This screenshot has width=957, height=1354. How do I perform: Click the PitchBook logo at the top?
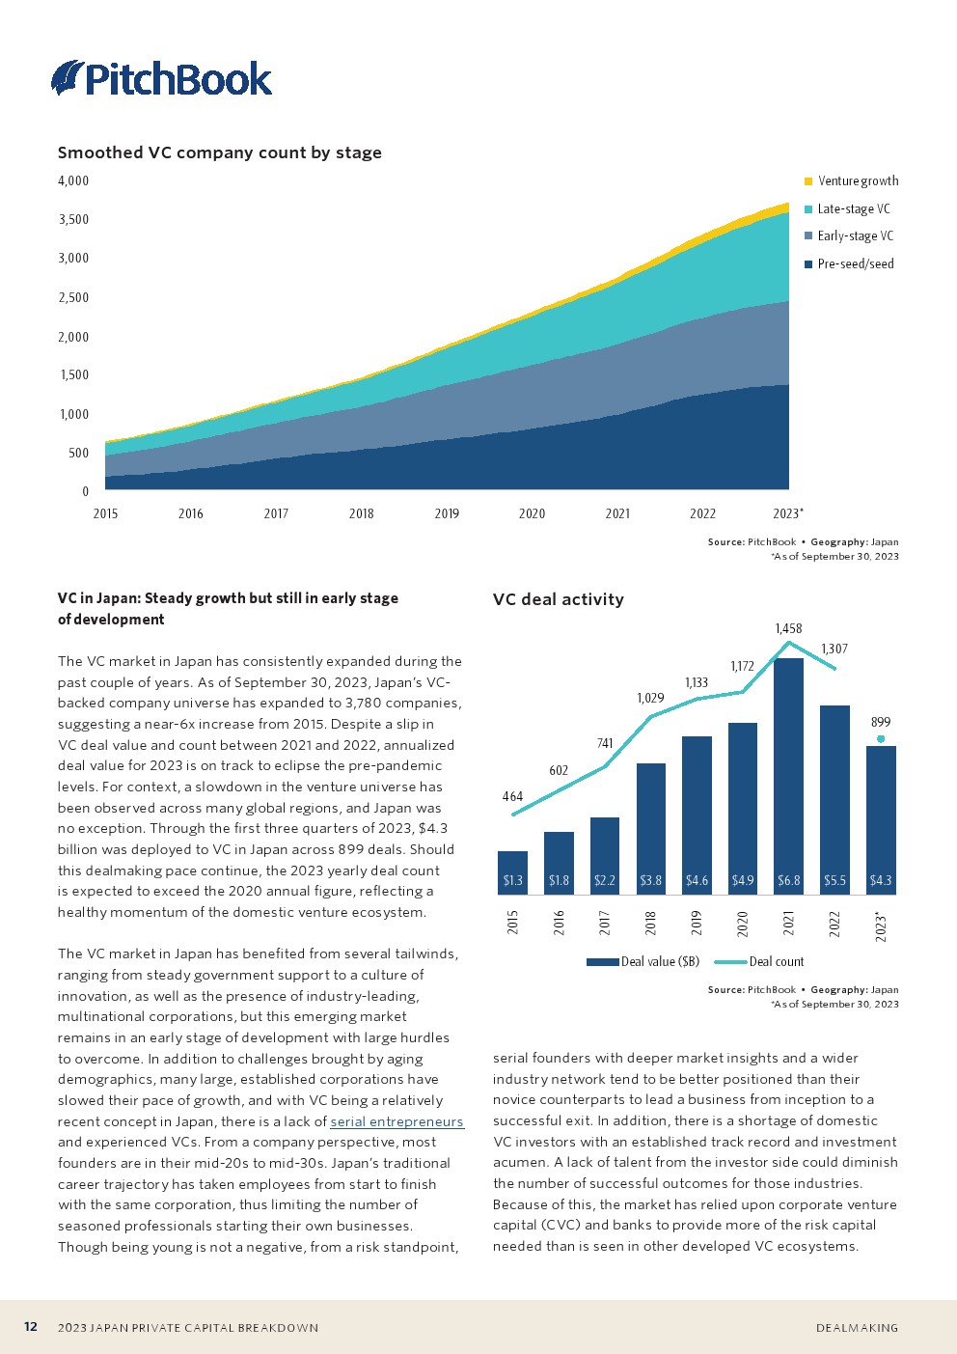[162, 78]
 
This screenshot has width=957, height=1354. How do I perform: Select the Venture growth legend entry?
[851, 181]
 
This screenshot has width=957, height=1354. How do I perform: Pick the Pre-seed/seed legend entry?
[849, 264]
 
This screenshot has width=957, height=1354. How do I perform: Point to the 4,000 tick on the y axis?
[73, 181]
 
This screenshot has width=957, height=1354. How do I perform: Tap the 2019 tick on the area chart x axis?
[447, 513]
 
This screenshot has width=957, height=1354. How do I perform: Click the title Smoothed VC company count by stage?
[220, 152]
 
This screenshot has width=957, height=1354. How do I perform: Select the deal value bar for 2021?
[788, 772]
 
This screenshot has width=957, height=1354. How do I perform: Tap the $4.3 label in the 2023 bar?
[881, 881]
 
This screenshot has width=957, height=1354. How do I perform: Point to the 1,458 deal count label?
[788, 629]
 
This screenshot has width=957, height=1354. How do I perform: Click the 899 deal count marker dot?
[881, 739]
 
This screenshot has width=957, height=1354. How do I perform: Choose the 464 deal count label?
[512, 797]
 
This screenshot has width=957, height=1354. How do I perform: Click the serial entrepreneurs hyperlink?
[396, 1121]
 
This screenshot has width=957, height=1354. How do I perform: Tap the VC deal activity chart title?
[559, 599]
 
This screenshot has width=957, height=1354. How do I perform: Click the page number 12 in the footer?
[31, 1327]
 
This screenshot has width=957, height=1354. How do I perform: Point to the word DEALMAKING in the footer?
[857, 1328]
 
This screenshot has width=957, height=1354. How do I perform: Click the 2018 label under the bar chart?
[651, 924]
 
